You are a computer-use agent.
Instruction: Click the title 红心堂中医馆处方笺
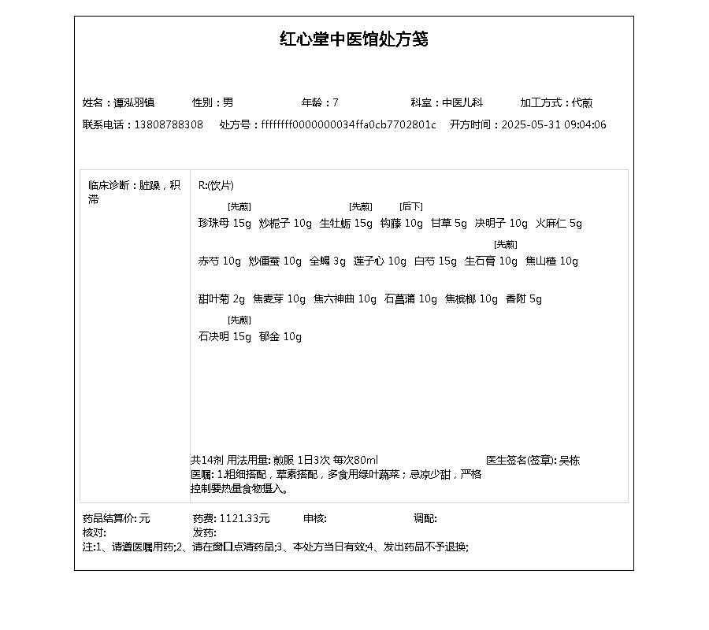354,39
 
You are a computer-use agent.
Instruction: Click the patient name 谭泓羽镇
134,102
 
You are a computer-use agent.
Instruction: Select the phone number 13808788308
169,124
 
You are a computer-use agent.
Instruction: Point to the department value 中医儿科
462,102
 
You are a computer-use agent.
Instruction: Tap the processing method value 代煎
582,102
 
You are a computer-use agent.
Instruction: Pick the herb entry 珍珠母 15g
225,223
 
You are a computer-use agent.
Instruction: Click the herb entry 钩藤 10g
401,223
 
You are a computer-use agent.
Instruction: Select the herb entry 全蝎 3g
328,261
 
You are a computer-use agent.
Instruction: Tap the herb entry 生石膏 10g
491,261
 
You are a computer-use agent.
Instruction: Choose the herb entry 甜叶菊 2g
221,298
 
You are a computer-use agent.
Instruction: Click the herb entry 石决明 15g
225,336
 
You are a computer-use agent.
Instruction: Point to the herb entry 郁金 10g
280,336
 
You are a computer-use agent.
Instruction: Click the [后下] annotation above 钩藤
411,206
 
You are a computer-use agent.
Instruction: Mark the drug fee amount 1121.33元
244,518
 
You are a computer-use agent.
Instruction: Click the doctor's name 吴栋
570,460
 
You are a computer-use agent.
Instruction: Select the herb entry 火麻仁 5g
559,223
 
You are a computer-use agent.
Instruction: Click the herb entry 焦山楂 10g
551,261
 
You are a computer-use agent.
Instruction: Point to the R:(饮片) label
216,185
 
